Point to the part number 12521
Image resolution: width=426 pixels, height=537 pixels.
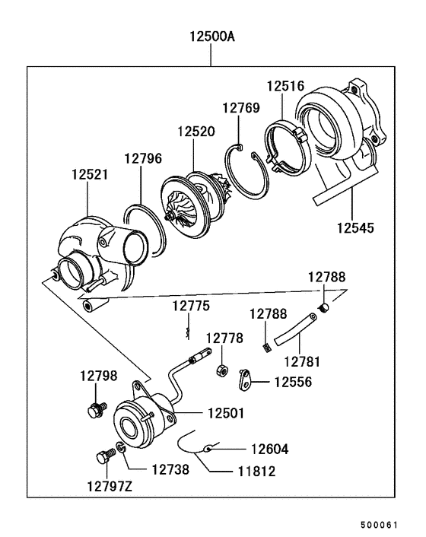click(90, 175)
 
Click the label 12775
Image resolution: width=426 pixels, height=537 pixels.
click(190, 306)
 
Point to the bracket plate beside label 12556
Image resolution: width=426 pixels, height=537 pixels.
click(244, 378)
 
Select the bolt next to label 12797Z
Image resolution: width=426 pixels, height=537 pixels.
click(105, 458)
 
